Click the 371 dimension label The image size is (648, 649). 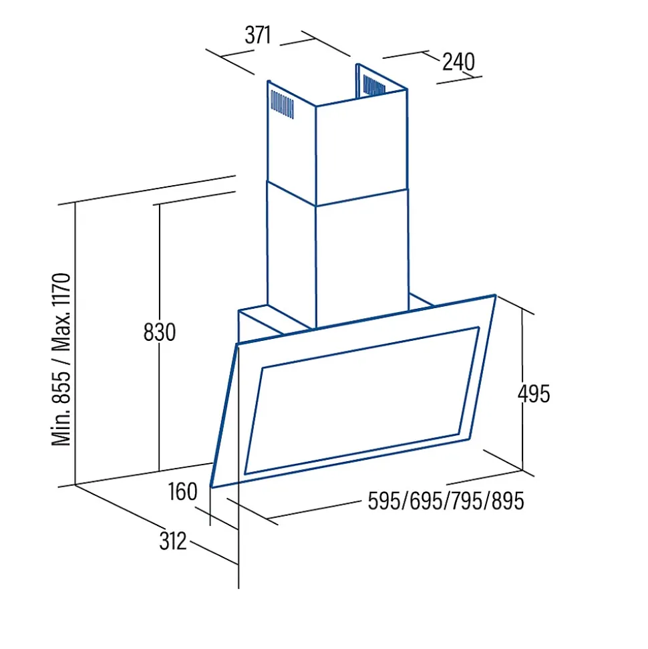[258, 35]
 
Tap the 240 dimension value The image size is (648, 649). [458, 61]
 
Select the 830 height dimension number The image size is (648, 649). [159, 332]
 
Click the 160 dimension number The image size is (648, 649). [182, 492]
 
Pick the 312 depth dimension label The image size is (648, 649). [173, 541]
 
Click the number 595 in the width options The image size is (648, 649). [384, 501]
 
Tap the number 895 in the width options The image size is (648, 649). [508, 501]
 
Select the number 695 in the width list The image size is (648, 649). [426, 501]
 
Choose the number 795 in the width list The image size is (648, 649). [467, 501]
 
